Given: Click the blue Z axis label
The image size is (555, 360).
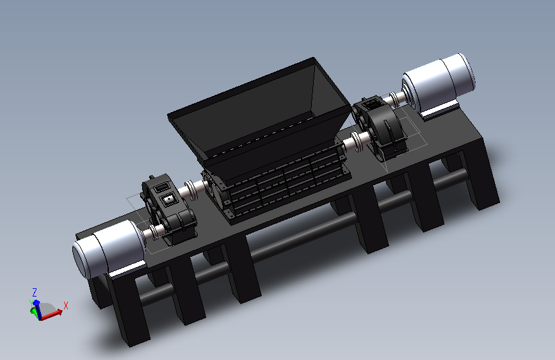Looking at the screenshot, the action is coord(35,292).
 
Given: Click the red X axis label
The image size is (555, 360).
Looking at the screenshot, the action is coord(65,306).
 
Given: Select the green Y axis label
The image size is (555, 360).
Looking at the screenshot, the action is coord(31,302).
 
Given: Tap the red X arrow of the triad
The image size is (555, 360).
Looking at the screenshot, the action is coord(52,315).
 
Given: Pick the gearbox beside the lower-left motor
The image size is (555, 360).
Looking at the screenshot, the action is coord(168,209).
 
